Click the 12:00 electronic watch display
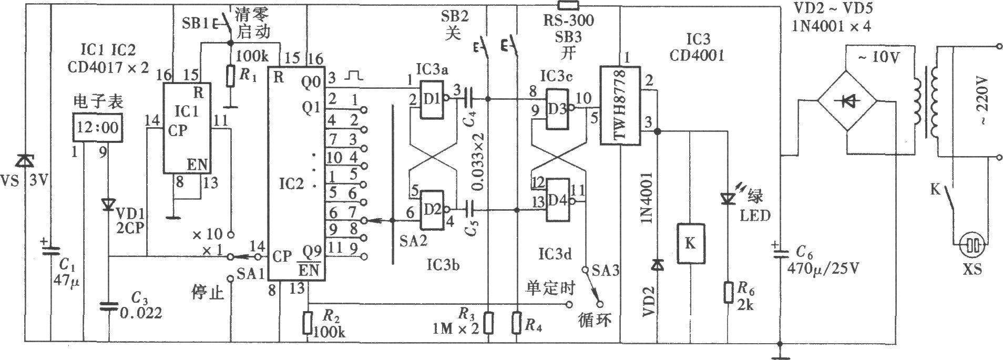pos(98,127)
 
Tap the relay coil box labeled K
pos(691,243)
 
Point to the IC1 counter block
pos(186,128)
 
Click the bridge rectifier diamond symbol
pos(846,103)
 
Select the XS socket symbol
pos(971,245)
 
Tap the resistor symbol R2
pos(308,323)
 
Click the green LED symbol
pos(728,199)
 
